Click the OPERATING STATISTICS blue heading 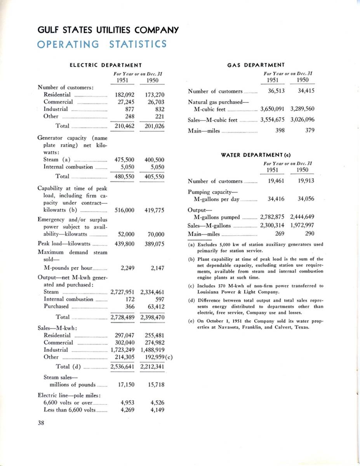click(x=102, y=43)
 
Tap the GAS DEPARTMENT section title click(x=256, y=65)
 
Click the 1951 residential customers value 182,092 click(x=125, y=94)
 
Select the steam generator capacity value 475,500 click(x=125, y=160)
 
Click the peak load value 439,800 click(x=125, y=244)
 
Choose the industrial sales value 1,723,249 click(x=122, y=350)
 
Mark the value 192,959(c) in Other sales click(x=159, y=357)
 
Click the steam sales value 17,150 click(x=126, y=385)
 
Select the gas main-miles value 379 click(x=310, y=131)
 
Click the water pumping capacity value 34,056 click(x=306, y=199)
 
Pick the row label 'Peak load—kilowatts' click(x=64, y=244)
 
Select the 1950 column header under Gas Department click(x=303, y=80)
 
